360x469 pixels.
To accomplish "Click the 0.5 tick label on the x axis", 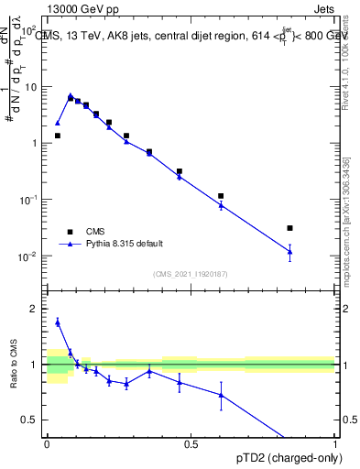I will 191,444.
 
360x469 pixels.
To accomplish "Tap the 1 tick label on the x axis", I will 335,444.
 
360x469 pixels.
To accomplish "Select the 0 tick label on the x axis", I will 47,444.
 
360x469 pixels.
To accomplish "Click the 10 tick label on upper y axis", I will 31,87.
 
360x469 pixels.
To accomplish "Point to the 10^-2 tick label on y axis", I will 29,256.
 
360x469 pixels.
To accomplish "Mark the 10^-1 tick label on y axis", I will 29,200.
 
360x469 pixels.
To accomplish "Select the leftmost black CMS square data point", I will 57,136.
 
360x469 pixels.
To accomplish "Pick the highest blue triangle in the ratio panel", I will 57,322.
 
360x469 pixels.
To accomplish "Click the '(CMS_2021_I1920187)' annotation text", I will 191,273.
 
